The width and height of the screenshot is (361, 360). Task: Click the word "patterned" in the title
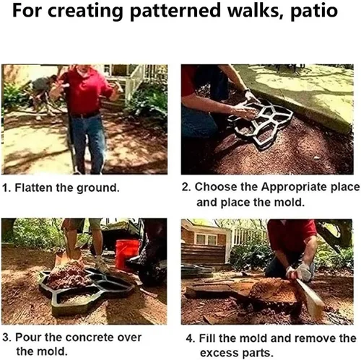tap(175, 11)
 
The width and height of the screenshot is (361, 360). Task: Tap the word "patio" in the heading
tap(314, 11)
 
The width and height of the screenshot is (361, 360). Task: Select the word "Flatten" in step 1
tap(33, 188)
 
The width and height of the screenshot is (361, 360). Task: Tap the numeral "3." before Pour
tap(7, 338)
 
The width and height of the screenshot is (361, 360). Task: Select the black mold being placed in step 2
tap(261, 124)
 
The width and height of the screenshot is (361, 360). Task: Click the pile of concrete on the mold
tap(68, 275)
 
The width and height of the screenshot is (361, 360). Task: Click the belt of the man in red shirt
tap(85, 115)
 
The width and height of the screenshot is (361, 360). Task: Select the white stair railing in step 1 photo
tap(135, 81)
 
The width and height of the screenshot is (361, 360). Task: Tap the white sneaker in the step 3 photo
tap(101, 265)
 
